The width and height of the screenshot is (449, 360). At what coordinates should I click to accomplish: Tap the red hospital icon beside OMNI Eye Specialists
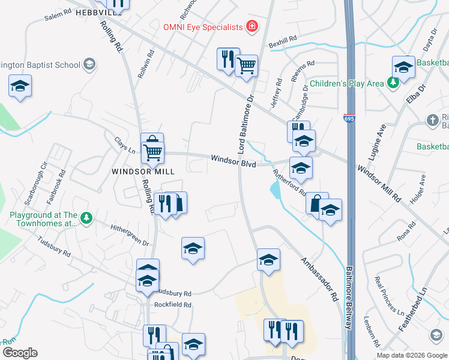[252, 27]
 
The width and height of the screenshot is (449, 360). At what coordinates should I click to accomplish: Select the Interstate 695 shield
[349, 119]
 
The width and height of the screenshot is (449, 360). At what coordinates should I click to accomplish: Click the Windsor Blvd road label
[234, 161]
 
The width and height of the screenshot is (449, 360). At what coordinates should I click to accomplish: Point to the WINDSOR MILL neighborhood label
[143, 172]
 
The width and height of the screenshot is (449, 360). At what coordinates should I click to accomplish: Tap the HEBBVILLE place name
[98, 13]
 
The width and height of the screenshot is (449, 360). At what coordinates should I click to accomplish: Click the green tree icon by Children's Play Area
[393, 83]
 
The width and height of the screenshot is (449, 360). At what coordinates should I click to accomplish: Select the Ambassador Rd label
[319, 279]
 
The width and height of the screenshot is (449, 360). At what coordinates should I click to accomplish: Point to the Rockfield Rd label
[172, 305]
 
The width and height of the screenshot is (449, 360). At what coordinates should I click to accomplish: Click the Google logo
[20, 353]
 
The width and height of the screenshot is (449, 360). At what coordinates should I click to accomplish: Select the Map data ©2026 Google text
[411, 355]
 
